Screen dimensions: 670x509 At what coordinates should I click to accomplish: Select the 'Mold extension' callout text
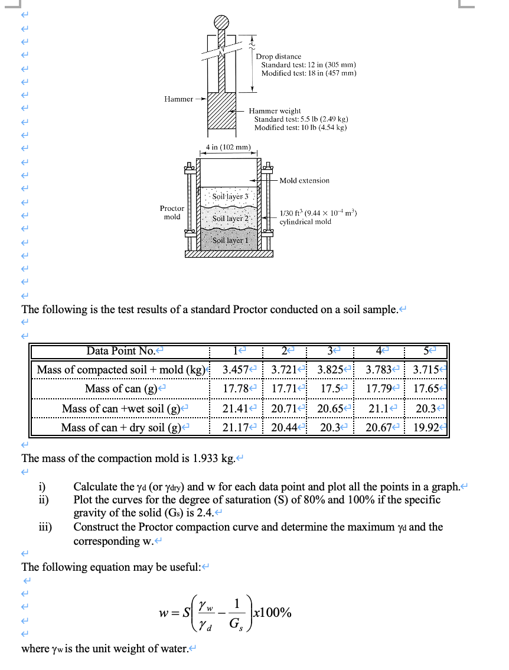pyautogui.click(x=304, y=180)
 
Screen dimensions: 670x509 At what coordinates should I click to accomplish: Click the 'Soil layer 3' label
pyautogui.click(x=229, y=195)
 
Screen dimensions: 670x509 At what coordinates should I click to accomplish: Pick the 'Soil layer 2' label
pyautogui.click(x=229, y=218)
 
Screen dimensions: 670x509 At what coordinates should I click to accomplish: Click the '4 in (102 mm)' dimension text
pyautogui.click(x=229, y=147)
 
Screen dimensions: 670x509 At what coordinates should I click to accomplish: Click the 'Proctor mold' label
pyautogui.click(x=172, y=213)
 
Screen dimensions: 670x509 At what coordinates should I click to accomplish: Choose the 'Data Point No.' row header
pyautogui.click(x=121, y=351)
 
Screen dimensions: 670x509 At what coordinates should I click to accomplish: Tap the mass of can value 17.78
pyautogui.click(x=235, y=389)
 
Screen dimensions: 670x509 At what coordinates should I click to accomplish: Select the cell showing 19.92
pyautogui.click(x=427, y=427)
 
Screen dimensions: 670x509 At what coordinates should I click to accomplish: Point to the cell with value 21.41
pyautogui.click(x=235, y=408)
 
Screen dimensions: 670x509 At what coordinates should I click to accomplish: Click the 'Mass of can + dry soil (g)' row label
pyautogui.click(x=121, y=427)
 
